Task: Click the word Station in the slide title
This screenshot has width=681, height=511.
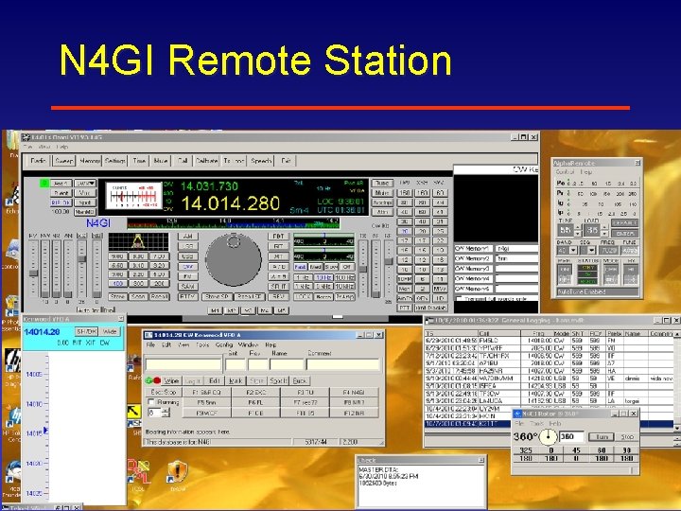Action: tap(387, 62)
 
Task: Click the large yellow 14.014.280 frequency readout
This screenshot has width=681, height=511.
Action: tap(230, 203)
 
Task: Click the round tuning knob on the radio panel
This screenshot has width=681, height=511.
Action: tap(234, 254)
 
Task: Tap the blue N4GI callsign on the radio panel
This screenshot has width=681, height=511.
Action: tap(99, 223)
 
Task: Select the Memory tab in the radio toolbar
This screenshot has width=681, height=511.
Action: tap(89, 161)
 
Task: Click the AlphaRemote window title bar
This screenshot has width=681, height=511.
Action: tap(591, 163)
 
